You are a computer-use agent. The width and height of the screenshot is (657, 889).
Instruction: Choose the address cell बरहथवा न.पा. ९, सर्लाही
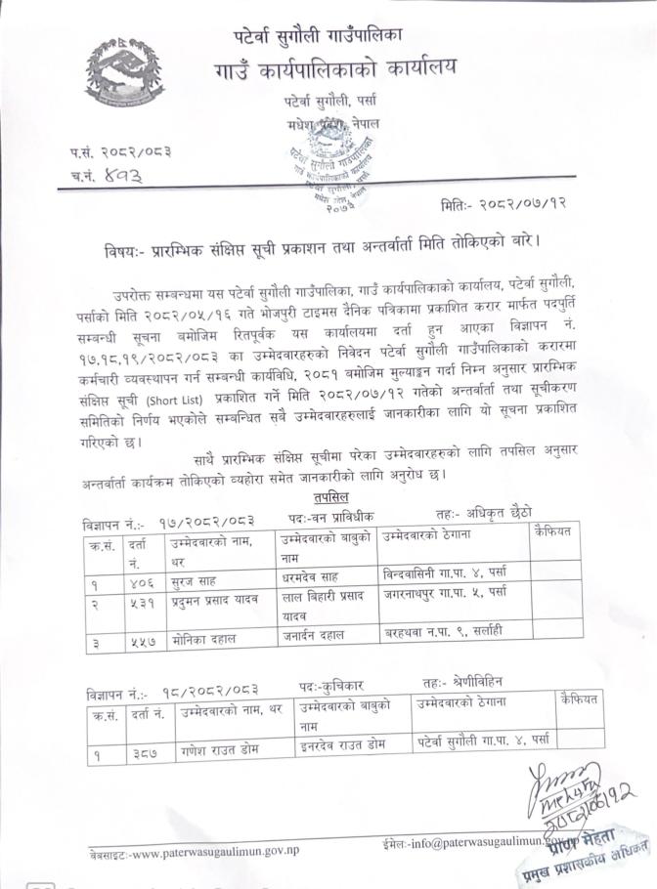click(445, 630)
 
